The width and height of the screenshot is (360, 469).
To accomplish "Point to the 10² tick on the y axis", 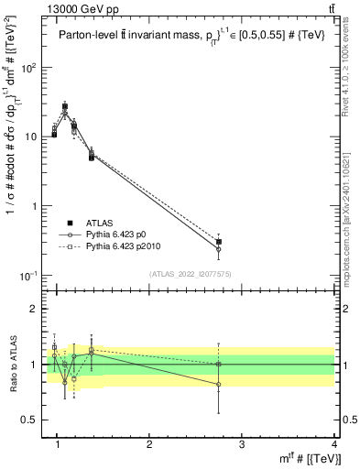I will click(x=30, y=67).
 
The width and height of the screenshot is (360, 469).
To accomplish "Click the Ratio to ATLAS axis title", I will click(x=12, y=364).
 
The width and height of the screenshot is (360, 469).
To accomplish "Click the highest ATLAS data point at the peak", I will click(x=65, y=106).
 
